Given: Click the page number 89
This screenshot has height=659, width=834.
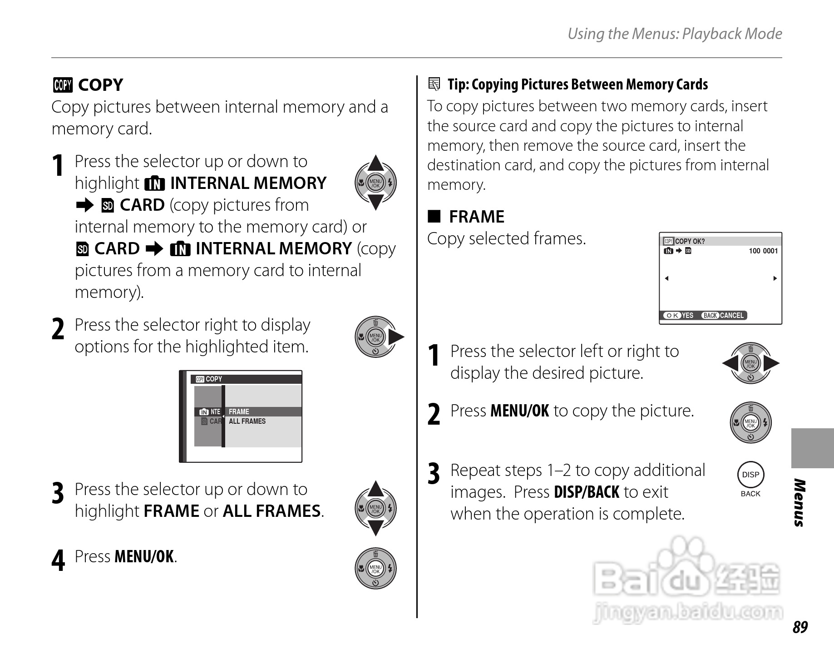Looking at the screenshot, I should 800,627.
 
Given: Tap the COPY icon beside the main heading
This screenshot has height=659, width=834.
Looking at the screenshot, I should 62,85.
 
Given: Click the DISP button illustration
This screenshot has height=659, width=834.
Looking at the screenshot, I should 750,475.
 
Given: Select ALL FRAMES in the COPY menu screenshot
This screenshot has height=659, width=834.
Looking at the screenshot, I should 247,421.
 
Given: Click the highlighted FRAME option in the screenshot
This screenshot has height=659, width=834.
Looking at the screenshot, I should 239,411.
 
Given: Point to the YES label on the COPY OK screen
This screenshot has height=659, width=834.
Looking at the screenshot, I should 687,316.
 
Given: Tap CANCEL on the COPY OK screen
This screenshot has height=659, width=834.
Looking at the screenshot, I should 732,316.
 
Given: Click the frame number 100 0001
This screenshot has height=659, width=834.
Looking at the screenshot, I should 763,251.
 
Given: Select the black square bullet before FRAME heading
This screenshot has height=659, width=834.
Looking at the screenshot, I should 434,216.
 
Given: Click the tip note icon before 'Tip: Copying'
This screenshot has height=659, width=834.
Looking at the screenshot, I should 434,84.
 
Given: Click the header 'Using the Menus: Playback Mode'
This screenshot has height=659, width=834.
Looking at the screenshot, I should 675,34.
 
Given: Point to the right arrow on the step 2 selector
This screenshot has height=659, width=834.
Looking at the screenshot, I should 396,337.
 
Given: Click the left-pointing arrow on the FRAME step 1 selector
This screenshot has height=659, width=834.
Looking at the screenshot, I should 730,363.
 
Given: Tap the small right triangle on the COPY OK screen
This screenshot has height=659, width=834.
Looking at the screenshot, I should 775,278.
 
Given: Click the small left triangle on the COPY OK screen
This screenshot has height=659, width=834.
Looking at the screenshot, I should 666,278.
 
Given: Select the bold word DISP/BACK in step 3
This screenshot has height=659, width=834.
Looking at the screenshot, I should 587,492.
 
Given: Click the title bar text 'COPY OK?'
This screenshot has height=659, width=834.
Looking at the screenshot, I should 690,241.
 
